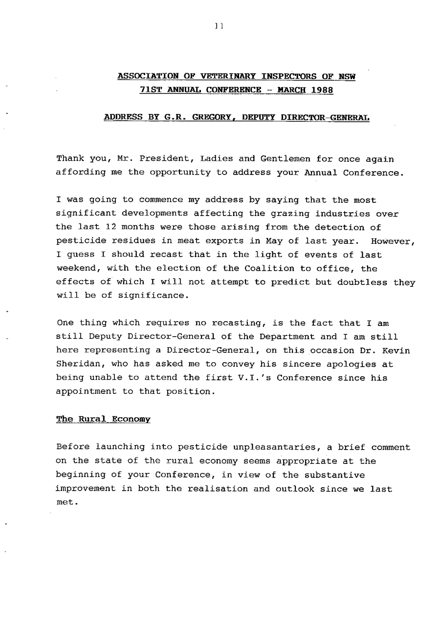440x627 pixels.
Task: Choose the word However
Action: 392,241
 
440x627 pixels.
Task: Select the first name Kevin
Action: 396,350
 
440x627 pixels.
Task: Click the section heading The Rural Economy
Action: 103,419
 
